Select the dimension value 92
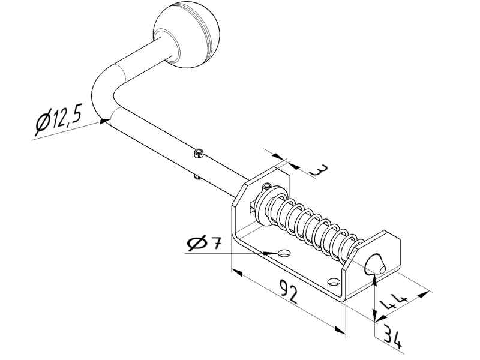pyautogui.click(x=289, y=292)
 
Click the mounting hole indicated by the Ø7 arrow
pyautogui.click(x=284, y=253)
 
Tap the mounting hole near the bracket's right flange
pyautogui.click(x=334, y=281)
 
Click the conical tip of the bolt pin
pyautogui.click(x=375, y=265)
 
